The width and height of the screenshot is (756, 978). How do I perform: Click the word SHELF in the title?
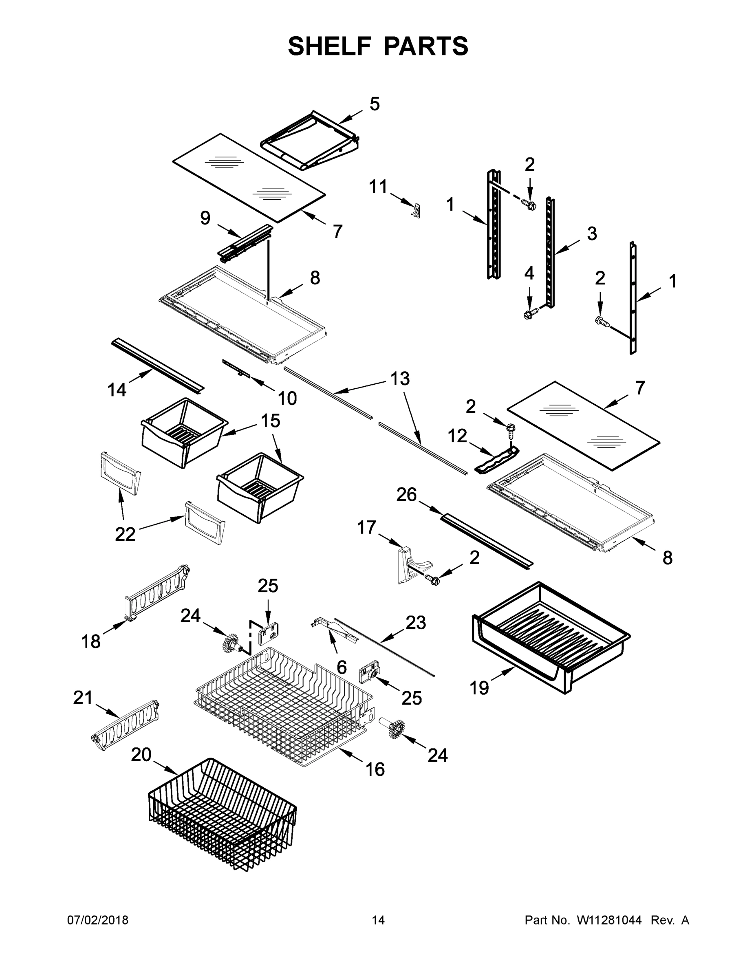click(x=329, y=46)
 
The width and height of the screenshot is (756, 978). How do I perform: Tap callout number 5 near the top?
click(x=375, y=104)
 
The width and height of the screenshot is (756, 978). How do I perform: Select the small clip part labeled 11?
click(x=417, y=209)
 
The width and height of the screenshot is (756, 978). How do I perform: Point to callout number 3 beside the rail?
click(x=592, y=233)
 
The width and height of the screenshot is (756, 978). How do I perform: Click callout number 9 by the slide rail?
click(x=205, y=218)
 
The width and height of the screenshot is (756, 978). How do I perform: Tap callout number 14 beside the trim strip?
click(x=117, y=390)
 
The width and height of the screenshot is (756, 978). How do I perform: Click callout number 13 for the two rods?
click(x=400, y=379)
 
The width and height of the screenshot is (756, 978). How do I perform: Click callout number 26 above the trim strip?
click(x=406, y=495)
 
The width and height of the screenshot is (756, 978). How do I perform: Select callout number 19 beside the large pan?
click(x=479, y=688)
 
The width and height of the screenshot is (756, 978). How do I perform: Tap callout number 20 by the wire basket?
click(x=141, y=756)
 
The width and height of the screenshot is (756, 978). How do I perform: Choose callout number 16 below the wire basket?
click(x=375, y=770)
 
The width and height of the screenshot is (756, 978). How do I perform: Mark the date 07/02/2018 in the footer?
click(x=98, y=920)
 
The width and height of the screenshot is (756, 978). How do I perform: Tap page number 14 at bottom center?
click(x=378, y=920)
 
